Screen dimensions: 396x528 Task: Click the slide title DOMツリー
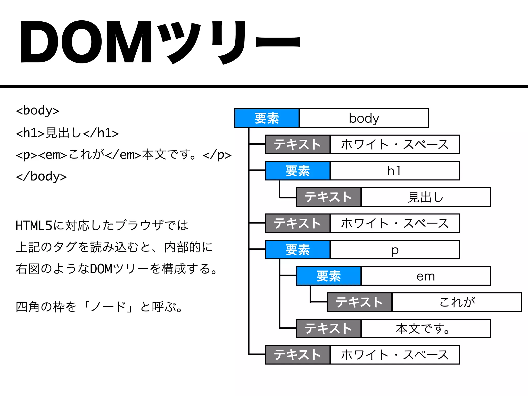click(x=160, y=43)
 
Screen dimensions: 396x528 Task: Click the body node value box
click(x=364, y=118)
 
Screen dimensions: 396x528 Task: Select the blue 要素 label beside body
click(x=267, y=118)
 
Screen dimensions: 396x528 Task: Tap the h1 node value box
click(x=395, y=171)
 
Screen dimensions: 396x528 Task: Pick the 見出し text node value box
click(x=426, y=197)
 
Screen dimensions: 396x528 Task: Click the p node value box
click(x=395, y=250)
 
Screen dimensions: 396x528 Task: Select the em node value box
click(x=426, y=276)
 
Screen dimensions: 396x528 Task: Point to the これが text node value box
click(x=457, y=302)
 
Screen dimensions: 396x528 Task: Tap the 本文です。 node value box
click(x=426, y=329)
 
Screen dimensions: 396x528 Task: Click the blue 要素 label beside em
click(x=329, y=276)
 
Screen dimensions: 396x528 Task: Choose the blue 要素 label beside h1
click(x=298, y=171)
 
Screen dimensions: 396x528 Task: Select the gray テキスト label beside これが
click(x=360, y=302)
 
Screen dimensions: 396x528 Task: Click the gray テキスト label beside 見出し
click(x=329, y=197)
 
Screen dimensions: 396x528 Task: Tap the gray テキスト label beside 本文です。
click(x=329, y=329)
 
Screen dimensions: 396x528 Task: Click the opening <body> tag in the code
click(x=38, y=111)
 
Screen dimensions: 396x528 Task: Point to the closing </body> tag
click(x=41, y=177)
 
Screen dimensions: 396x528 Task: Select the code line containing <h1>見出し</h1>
click(x=67, y=133)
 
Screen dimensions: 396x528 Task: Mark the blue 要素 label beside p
click(x=298, y=250)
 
